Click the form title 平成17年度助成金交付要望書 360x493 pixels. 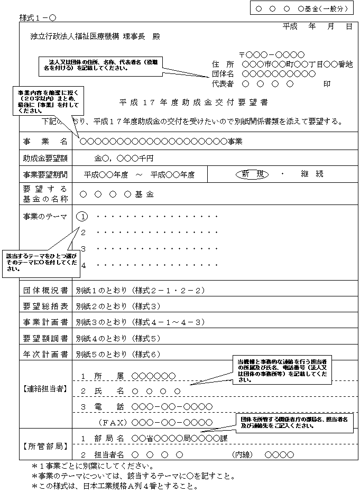(193, 102)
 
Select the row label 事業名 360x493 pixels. (45, 142)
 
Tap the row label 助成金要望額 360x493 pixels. (45, 158)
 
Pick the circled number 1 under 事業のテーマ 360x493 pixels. (83, 217)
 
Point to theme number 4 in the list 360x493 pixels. (83, 265)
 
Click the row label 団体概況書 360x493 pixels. (45, 291)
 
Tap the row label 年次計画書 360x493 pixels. (45, 354)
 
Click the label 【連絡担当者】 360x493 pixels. (45, 389)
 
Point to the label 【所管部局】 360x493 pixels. (45, 447)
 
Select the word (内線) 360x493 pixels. (244, 454)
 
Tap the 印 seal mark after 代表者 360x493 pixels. (327, 84)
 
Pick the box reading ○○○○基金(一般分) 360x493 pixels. (301, 8)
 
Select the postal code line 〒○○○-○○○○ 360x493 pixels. (272, 54)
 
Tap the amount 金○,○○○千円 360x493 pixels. (124, 158)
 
